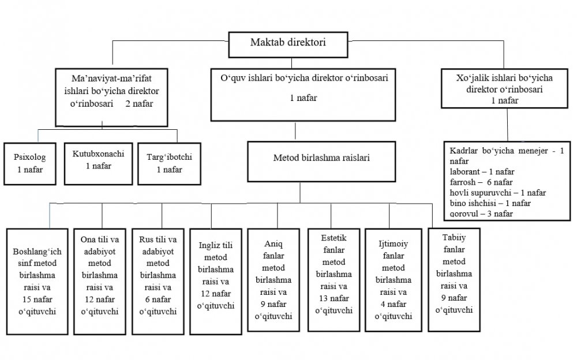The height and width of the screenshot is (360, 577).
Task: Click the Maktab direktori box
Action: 288,44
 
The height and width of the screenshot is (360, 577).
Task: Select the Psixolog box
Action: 30,164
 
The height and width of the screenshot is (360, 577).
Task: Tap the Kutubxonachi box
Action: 98,163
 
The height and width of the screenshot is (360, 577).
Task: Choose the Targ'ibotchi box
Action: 169,164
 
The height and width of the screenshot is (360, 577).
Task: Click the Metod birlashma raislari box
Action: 321,162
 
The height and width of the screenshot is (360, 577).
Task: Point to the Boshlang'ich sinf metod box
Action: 37,282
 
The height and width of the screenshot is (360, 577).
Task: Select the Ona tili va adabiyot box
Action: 100,282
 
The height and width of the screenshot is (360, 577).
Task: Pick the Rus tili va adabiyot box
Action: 158,282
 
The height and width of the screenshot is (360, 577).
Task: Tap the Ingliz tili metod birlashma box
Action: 216,282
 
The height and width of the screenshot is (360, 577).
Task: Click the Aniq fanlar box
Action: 273,280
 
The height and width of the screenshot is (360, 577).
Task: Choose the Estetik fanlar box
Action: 334,280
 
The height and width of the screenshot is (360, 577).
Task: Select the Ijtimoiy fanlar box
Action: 394,280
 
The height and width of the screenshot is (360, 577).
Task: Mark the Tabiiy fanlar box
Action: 454,280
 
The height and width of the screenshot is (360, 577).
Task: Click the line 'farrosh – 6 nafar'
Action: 481,182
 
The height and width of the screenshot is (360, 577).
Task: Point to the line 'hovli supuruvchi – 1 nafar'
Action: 497,193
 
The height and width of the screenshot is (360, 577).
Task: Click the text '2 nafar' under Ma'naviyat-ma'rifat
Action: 139,104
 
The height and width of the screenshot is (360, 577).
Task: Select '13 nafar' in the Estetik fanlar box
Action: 334,298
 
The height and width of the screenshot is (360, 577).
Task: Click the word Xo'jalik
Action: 471,78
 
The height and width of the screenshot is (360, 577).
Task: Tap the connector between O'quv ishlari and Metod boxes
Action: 295,131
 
